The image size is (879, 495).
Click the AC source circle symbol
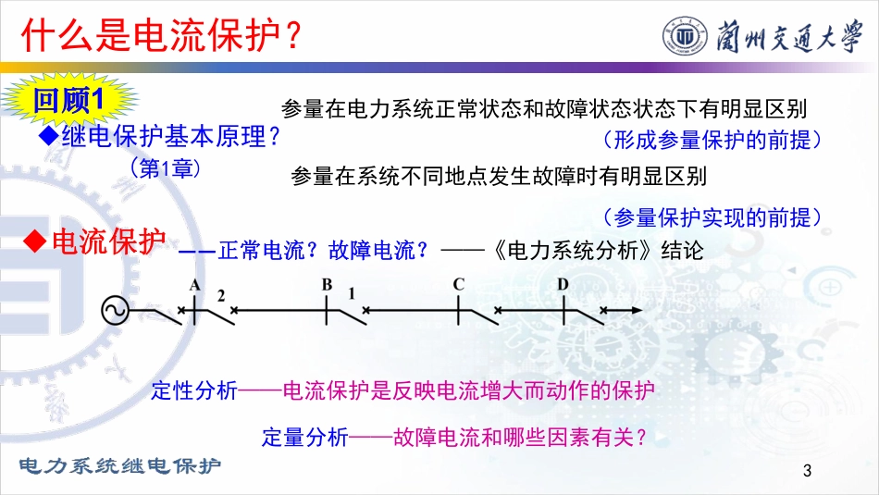click(x=115, y=311)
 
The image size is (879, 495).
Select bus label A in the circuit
click(x=194, y=285)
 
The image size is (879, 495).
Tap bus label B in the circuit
click(x=327, y=285)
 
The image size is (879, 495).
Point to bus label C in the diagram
click(x=459, y=284)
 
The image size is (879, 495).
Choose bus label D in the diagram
click(x=563, y=284)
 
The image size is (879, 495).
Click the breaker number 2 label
click(x=221, y=295)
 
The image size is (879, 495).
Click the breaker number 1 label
click(x=352, y=293)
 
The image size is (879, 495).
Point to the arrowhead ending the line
click(x=637, y=310)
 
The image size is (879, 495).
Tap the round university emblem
click(x=685, y=37)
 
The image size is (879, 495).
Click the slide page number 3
click(x=807, y=470)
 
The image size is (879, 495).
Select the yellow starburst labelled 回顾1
click(x=68, y=100)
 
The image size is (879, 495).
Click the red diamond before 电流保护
click(x=35, y=241)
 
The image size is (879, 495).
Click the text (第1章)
click(x=166, y=167)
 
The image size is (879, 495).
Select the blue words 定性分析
click(x=194, y=390)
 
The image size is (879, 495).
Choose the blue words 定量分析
click(x=305, y=437)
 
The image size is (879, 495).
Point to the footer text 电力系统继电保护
click(x=120, y=465)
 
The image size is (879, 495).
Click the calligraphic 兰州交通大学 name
click(x=788, y=36)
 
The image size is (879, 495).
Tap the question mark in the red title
click(x=292, y=35)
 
